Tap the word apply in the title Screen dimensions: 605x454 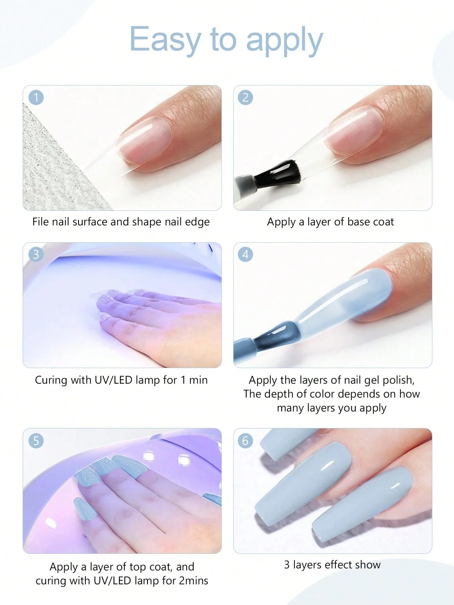[284, 41]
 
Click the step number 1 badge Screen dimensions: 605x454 [36, 98]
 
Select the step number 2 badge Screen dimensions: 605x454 [246, 98]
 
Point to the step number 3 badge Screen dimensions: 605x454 [36, 254]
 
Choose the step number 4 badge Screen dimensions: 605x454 [246, 254]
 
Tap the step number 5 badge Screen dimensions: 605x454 [36, 441]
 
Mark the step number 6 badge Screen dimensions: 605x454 [246, 441]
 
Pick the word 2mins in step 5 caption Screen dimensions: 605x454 [193, 581]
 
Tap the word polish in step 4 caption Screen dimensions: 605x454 [398, 380]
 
